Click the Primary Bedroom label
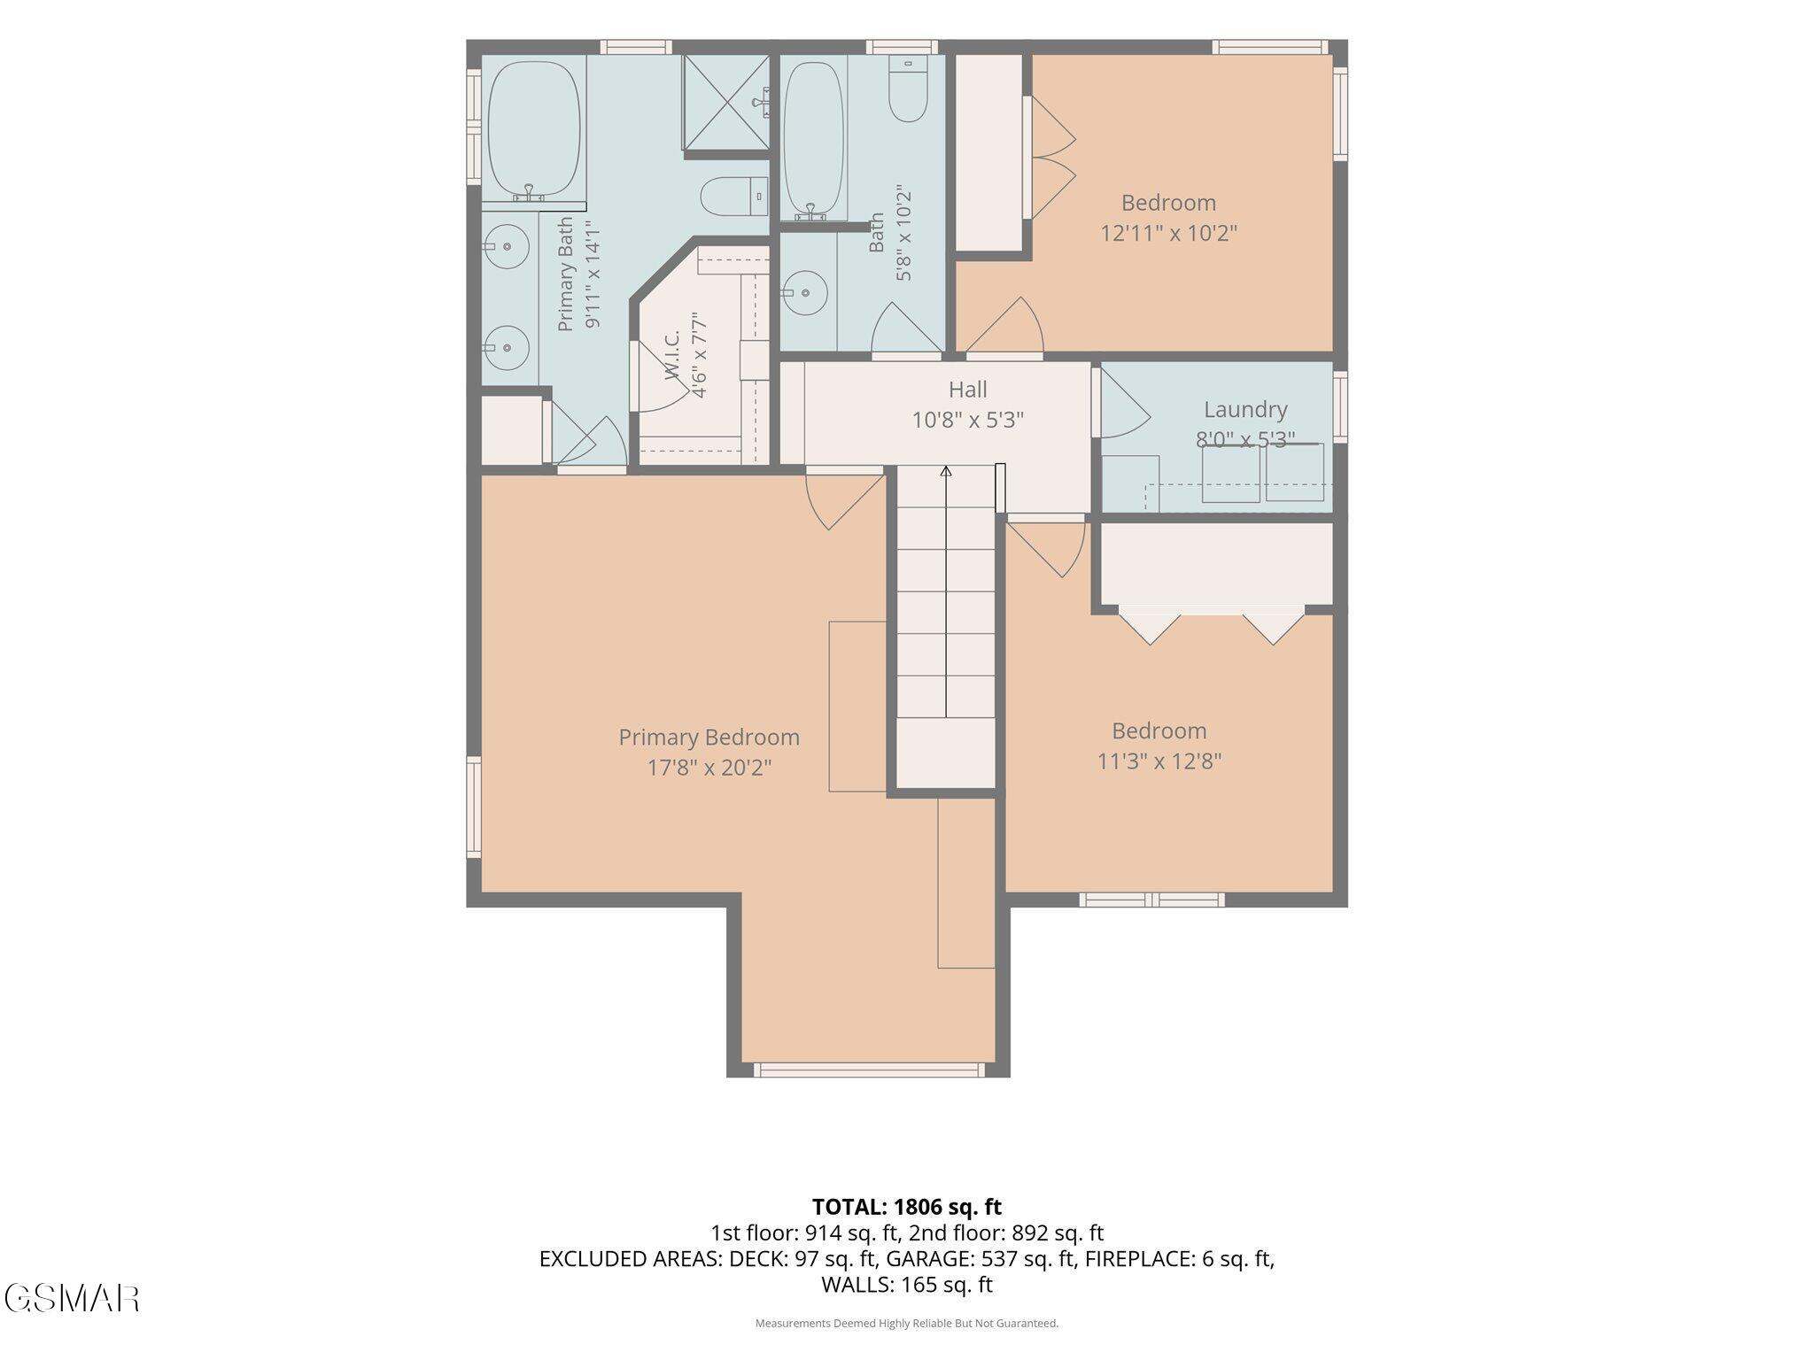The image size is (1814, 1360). tap(709, 737)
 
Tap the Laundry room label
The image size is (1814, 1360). tap(1245, 409)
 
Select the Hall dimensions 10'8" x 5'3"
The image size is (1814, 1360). tap(968, 420)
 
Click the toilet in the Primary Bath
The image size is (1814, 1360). tap(734, 197)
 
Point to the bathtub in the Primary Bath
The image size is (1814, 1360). tap(534, 129)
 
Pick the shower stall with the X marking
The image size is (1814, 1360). tap(726, 103)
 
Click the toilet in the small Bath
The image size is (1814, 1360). tap(907, 89)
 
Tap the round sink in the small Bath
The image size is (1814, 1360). tap(805, 292)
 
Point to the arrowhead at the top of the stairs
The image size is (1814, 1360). tap(946, 471)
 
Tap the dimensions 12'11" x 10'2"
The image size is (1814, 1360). tap(1168, 234)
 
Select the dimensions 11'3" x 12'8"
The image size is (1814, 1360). tap(1159, 761)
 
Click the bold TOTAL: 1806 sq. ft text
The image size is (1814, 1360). tap(907, 1207)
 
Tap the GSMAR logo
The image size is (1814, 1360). tap(72, 1298)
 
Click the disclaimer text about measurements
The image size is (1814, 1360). tap(907, 1324)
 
